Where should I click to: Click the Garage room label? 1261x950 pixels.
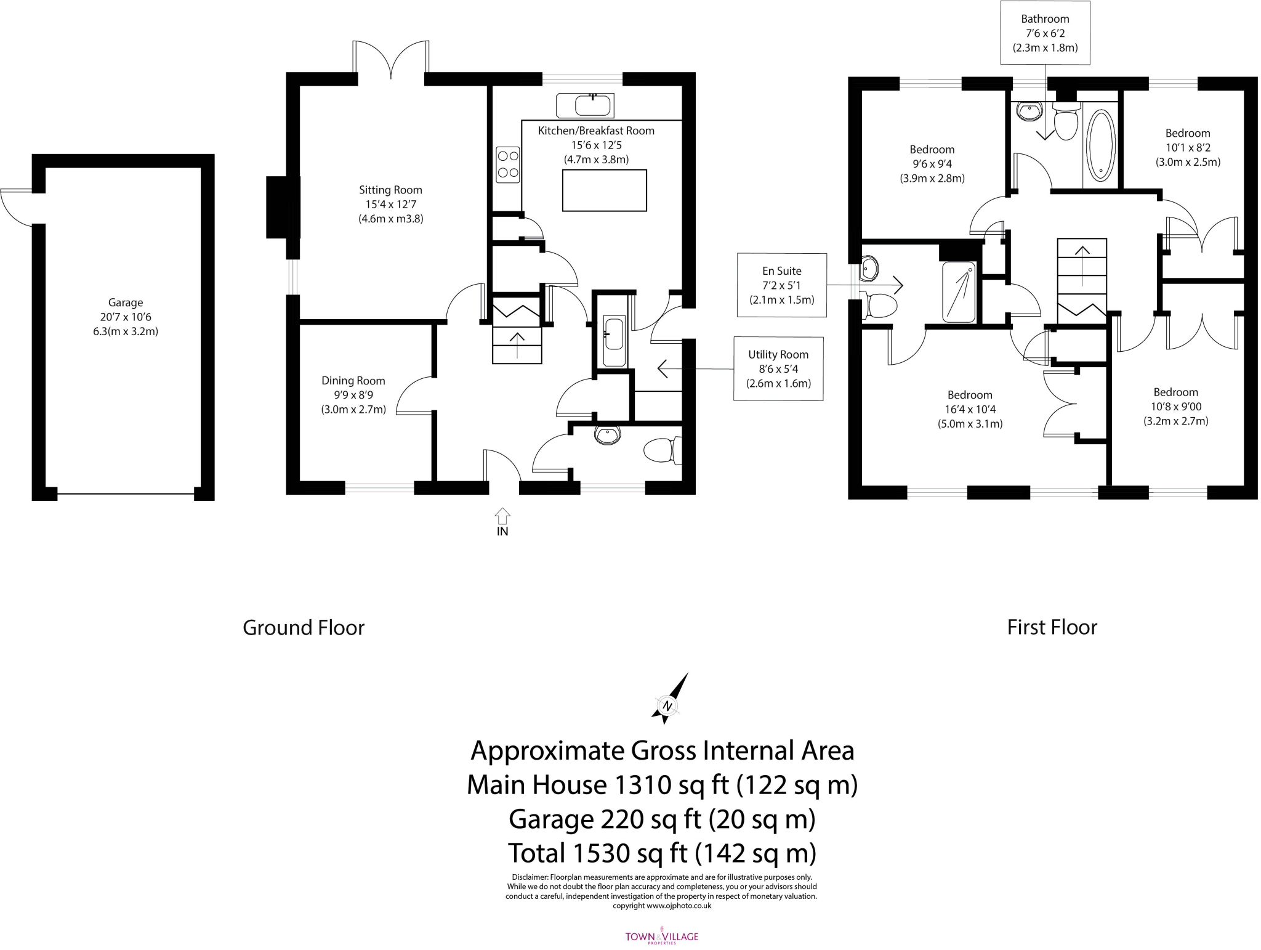[126, 302]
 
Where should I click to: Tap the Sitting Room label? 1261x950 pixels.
[390, 190]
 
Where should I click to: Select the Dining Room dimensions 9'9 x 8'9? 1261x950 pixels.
[353, 395]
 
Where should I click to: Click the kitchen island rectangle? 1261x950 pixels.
[605, 190]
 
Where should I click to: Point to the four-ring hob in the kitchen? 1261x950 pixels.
[508, 164]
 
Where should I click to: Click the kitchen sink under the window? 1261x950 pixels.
[585, 105]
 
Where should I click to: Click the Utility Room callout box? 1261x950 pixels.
[778, 368]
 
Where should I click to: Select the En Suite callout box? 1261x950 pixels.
[782, 285]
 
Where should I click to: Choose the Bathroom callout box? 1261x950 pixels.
[1045, 33]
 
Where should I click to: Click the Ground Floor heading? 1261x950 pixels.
[304, 627]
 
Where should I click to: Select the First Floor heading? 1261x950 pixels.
[1052, 627]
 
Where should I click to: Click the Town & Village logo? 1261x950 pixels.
[662, 936]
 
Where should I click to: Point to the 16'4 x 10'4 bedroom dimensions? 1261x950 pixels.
[970, 409]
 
